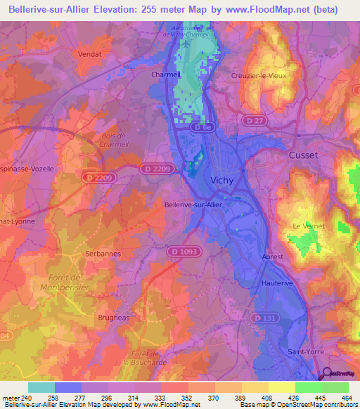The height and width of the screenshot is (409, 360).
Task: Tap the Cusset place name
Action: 303,155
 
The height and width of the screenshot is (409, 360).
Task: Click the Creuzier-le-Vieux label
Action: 259,76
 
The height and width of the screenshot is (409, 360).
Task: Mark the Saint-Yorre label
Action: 304,351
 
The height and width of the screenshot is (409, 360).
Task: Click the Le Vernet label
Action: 307,226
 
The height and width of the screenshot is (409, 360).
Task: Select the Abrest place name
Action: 272,257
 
